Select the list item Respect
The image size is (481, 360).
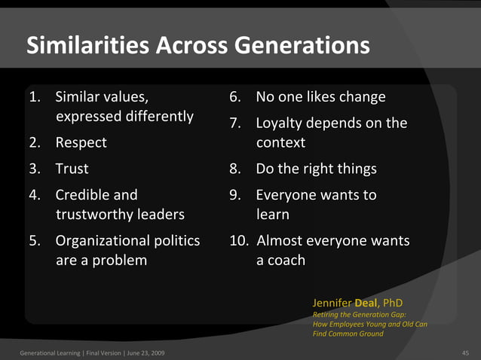81,142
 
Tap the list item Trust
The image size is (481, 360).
72,169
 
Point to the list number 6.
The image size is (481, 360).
235,97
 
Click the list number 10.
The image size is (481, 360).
239,241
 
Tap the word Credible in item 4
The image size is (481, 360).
82,195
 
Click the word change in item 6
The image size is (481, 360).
362,97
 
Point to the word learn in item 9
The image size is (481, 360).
272,215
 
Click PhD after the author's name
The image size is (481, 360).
393,304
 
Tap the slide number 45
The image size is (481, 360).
464,352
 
